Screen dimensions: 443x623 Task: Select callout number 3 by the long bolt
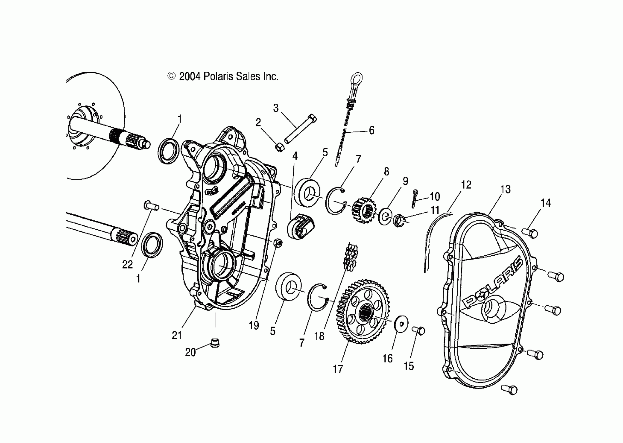[x=276, y=108]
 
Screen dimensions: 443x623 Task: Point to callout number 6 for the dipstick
[x=372, y=130]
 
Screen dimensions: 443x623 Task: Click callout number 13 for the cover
[x=505, y=189]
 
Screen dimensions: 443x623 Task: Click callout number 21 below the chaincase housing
[x=177, y=335]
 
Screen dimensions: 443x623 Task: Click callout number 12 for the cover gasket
[x=466, y=185]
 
